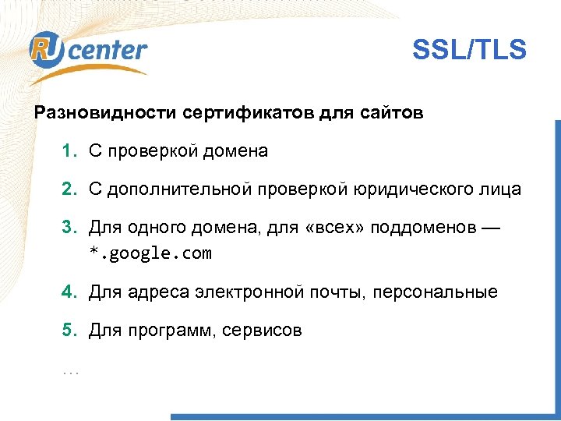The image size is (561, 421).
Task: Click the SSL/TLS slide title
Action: (469, 51)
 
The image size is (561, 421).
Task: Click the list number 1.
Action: (69, 151)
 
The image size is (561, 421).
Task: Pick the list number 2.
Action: (69, 189)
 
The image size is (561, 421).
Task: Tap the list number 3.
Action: (69, 227)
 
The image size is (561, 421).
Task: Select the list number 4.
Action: (69, 292)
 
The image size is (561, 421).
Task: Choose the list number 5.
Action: (69, 331)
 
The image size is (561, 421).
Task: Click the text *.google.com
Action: (150, 253)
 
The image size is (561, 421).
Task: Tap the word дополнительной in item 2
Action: (177, 189)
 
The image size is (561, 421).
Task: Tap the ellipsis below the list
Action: (70, 371)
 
